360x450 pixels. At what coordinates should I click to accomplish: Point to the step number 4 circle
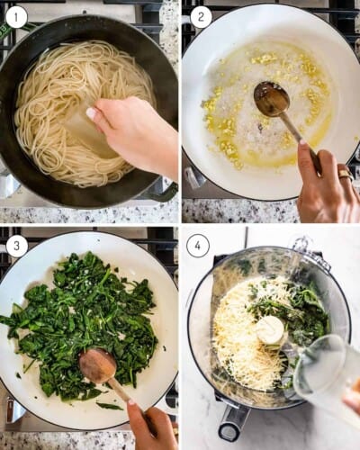coord(201,245)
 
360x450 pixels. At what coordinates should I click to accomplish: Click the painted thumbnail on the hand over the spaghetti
coord(92,114)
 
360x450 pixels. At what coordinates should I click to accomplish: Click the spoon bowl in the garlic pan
coord(270,98)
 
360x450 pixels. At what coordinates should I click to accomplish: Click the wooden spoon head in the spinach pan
coord(97,365)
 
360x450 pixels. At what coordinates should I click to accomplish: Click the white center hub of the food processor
coord(270,329)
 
